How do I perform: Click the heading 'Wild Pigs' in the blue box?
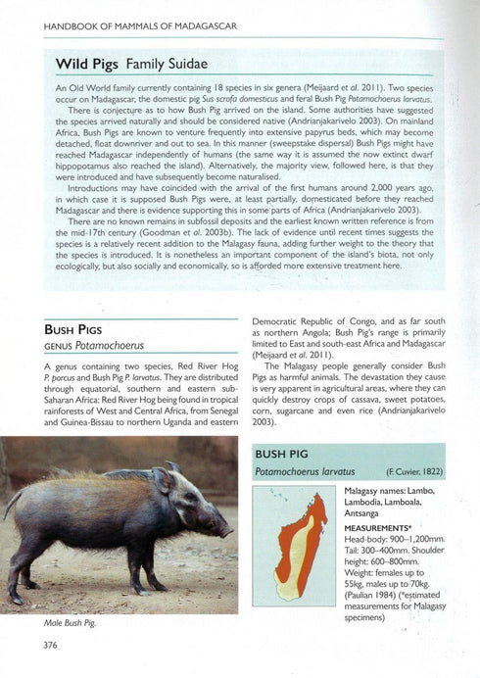(x=80, y=64)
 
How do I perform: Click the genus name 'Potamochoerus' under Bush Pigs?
(x=102, y=348)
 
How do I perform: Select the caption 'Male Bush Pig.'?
(x=75, y=622)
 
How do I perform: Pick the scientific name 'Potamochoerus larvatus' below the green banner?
(x=305, y=472)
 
